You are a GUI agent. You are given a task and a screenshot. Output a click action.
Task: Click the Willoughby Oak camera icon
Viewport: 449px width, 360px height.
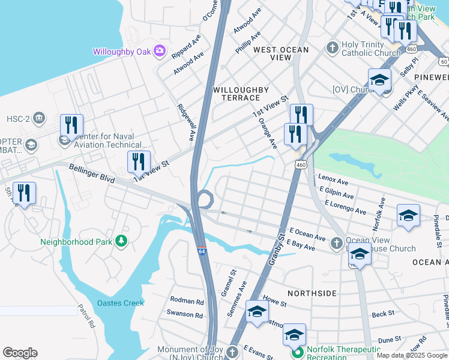tap(160, 51)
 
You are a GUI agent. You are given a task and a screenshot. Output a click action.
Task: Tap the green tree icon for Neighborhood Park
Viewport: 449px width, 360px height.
tap(122, 241)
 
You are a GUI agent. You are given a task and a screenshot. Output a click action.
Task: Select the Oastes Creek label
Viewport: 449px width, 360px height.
tap(121, 303)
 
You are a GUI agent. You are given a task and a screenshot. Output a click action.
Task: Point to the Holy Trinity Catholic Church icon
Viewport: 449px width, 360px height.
tap(332, 47)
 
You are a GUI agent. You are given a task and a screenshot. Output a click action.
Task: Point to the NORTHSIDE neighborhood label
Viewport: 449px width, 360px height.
tap(312, 293)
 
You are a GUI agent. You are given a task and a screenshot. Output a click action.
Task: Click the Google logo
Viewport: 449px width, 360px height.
tap(20, 353)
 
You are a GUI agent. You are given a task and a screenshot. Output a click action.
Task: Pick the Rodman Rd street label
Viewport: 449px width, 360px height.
tap(187, 300)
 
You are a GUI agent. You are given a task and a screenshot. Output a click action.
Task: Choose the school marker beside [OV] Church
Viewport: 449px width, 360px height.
tap(379, 80)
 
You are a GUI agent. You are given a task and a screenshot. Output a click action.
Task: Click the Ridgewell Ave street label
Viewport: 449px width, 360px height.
tap(186, 122)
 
